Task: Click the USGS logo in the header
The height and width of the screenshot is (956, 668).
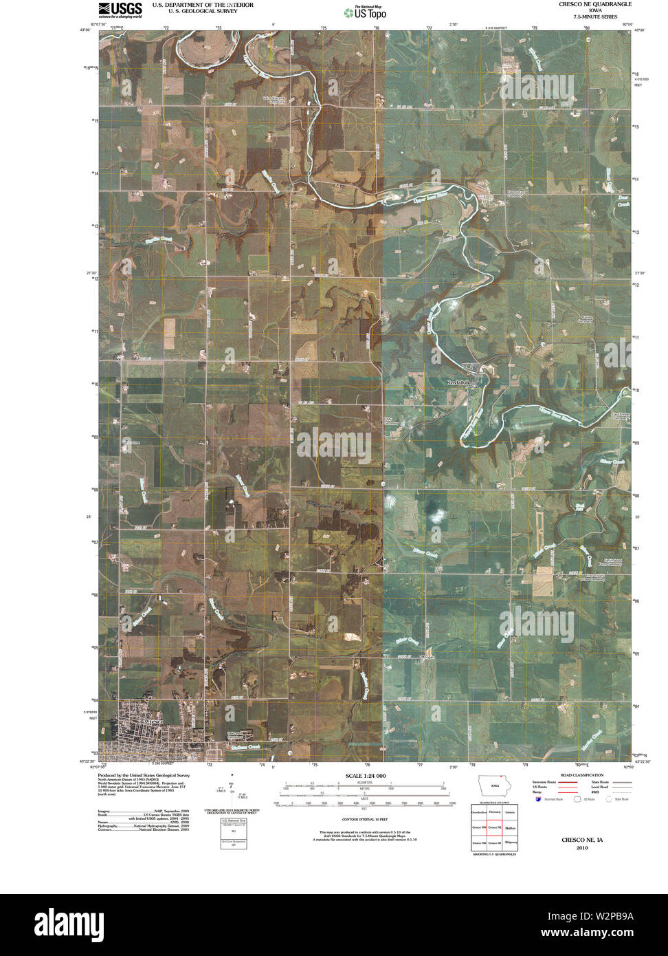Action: tap(120, 9)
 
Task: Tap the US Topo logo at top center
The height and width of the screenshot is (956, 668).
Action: tap(364, 12)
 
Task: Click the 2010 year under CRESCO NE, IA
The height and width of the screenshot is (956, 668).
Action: tap(581, 848)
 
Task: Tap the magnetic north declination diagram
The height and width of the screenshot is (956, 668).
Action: tap(233, 790)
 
